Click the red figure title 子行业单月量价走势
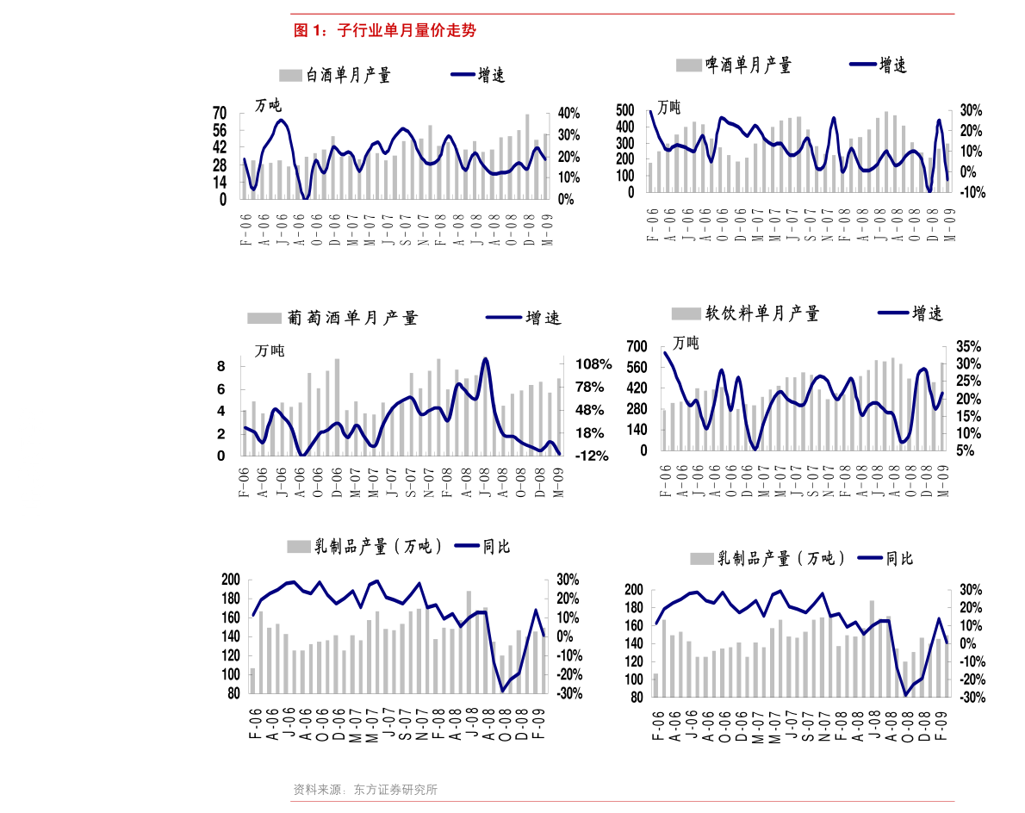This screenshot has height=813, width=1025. (x=407, y=30)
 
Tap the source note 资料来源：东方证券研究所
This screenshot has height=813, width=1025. (x=364, y=790)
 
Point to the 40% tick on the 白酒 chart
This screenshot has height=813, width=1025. (x=568, y=113)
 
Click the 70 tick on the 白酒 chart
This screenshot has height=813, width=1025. (x=220, y=113)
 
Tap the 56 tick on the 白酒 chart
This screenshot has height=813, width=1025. (x=220, y=130)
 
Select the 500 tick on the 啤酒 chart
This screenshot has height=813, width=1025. (x=625, y=109)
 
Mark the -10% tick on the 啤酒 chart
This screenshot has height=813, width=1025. (x=972, y=192)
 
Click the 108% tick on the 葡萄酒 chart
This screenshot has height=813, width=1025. (x=593, y=364)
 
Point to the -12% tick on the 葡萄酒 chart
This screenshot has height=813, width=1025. (x=592, y=456)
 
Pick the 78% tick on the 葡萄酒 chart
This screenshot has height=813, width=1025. (x=590, y=387)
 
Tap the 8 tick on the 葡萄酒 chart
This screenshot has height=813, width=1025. (x=221, y=366)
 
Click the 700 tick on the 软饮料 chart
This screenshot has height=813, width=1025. (x=637, y=346)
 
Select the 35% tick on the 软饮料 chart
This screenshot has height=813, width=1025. (x=969, y=346)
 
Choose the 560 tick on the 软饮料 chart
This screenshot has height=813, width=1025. (x=637, y=367)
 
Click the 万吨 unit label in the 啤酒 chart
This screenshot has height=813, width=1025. (x=668, y=107)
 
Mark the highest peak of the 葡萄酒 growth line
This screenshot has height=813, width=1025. (x=485, y=358)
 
